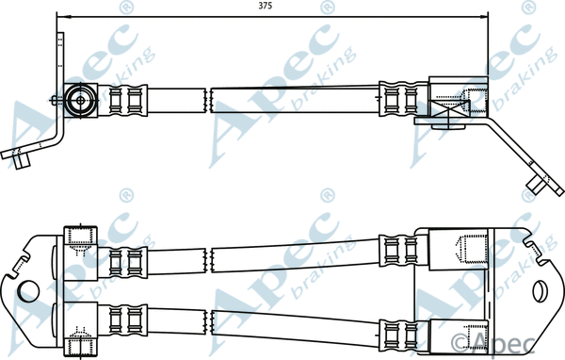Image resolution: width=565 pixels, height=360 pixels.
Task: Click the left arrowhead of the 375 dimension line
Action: click(62, 16)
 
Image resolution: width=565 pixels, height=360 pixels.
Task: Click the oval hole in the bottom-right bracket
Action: click(541, 290)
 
